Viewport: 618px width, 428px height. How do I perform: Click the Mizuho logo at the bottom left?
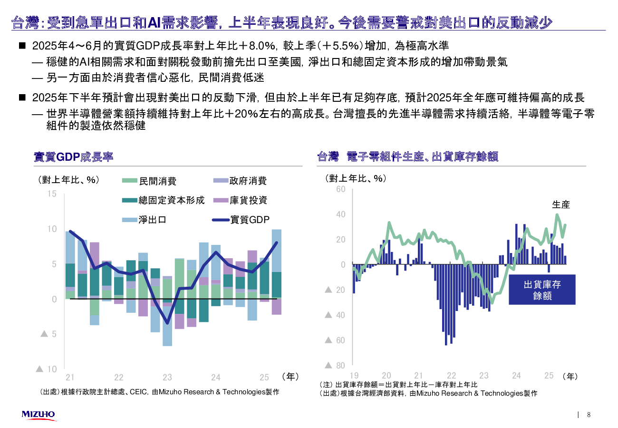click(39, 415)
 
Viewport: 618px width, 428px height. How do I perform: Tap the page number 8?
click(589, 415)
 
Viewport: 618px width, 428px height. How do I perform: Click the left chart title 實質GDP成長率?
click(74, 157)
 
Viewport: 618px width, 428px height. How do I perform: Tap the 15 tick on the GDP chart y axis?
click(52, 194)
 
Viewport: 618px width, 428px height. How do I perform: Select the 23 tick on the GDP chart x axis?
click(167, 378)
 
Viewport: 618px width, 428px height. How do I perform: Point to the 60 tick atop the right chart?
click(340, 189)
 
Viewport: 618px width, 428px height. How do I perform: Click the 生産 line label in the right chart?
click(561, 205)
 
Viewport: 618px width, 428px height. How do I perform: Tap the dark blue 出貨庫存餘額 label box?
click(542, 290)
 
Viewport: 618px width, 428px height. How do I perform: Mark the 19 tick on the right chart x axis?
click(354, 375)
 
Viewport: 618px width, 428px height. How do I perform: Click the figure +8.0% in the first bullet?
click(260, 46)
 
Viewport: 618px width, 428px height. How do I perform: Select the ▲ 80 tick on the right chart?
click(335, 365)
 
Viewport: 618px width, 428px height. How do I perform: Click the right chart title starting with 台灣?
click(407, 157)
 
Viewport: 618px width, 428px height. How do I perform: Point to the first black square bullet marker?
click(22, 46)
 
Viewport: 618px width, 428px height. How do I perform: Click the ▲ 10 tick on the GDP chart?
click(47, 369)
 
